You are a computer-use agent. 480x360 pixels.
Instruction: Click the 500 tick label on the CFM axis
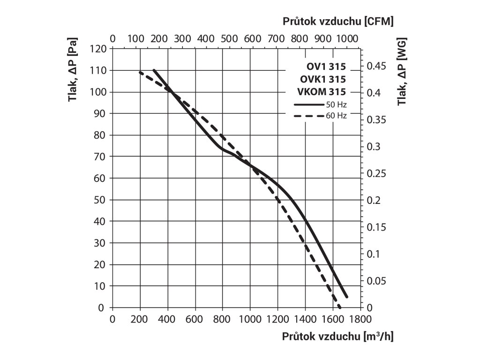[229, 38]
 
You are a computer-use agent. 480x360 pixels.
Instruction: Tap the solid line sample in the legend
[308, 104]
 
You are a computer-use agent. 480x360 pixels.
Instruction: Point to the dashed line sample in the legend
[308, 115]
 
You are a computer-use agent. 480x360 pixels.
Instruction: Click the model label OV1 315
[323, 67]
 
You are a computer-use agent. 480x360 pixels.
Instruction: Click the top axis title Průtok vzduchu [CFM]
[338, 22]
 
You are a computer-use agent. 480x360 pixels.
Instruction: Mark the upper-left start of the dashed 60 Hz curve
[140, 72]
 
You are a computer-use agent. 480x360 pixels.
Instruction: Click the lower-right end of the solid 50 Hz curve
[347, 297]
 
